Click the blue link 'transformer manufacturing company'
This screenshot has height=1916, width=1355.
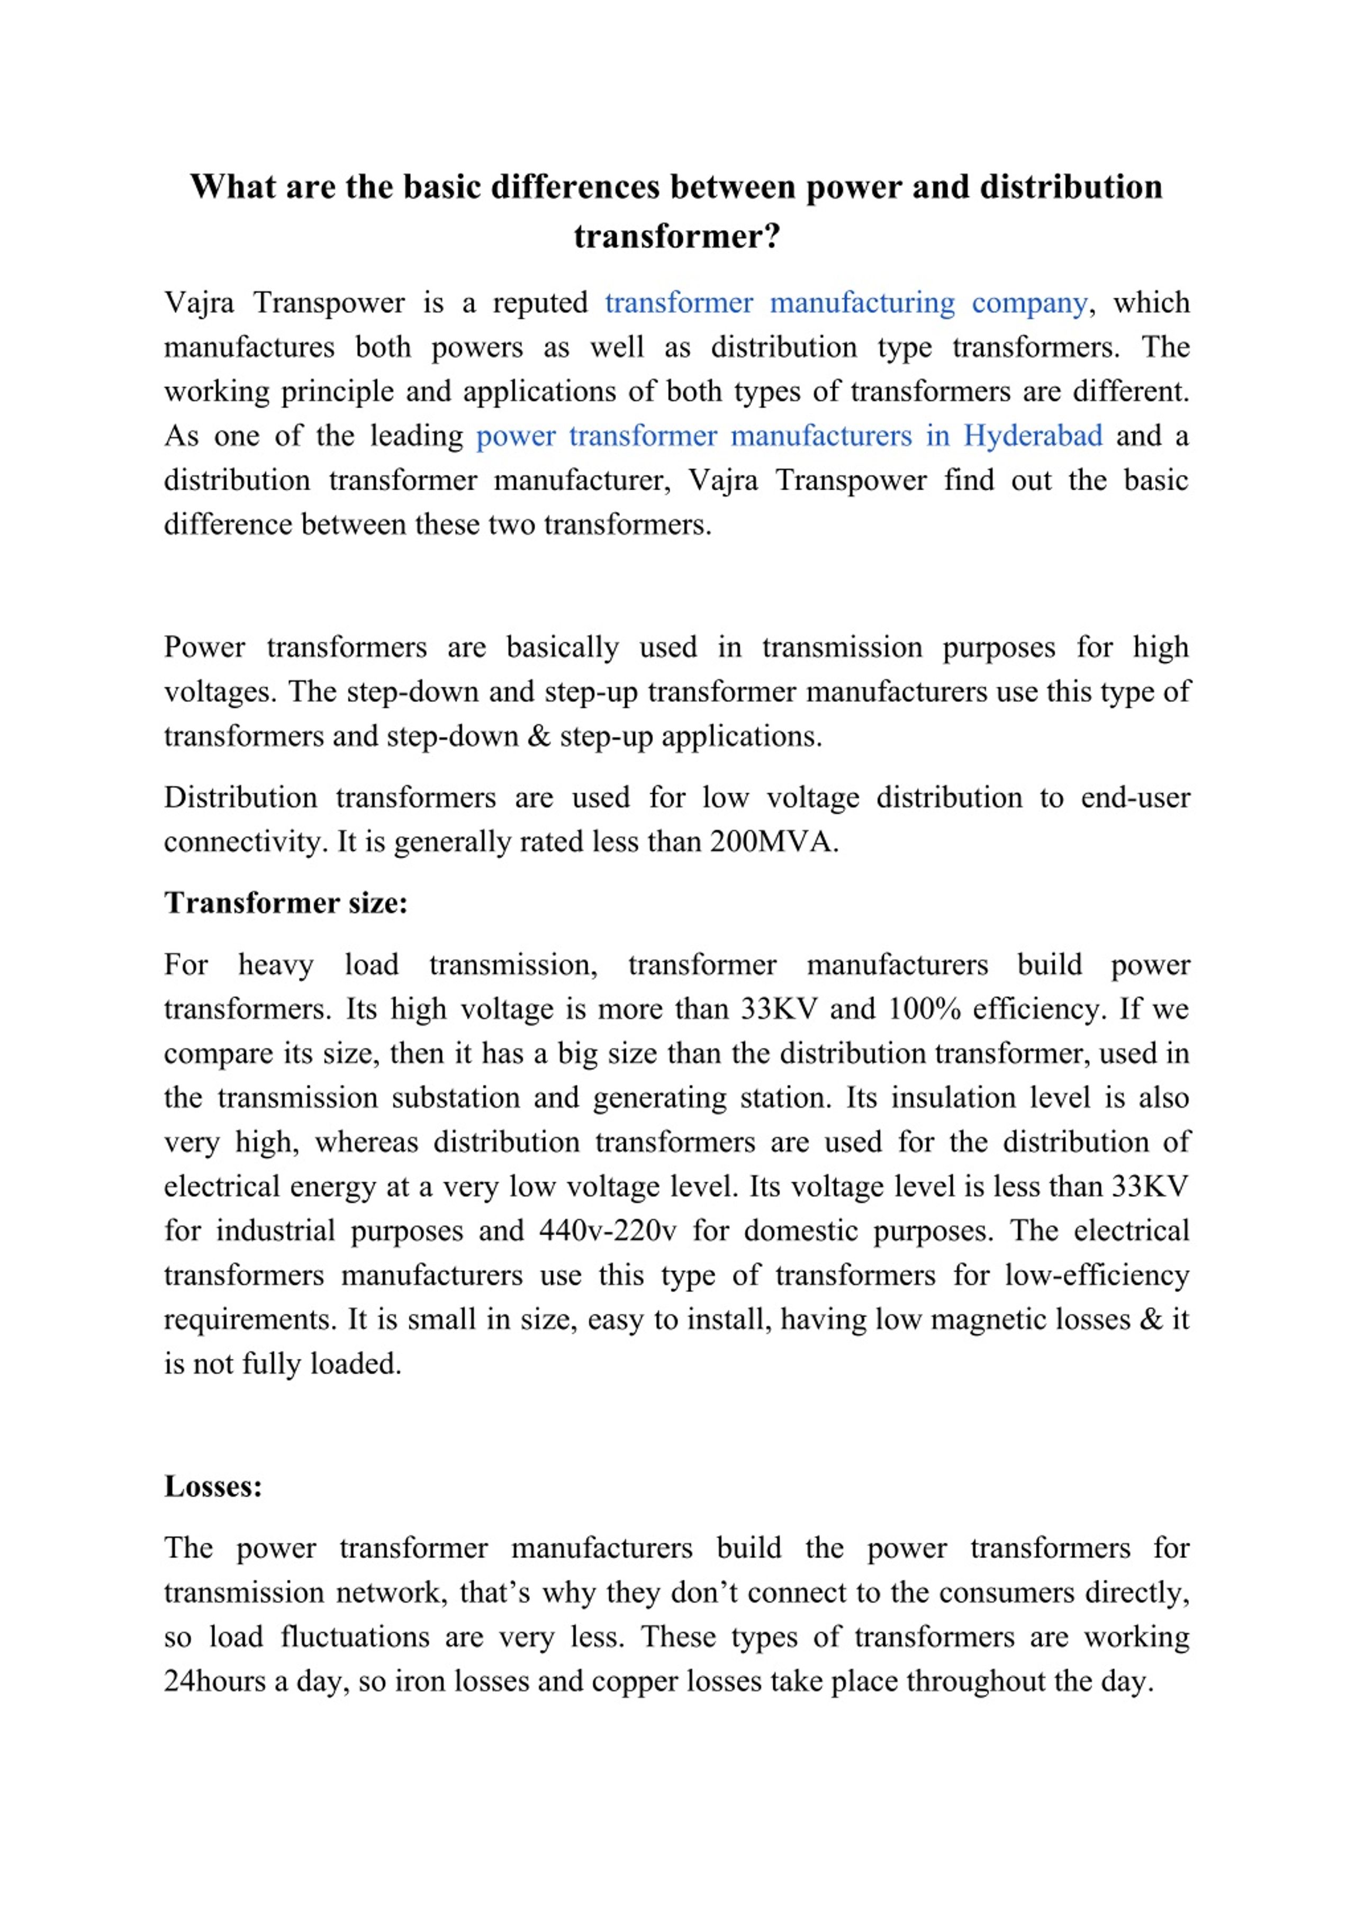(845, 302)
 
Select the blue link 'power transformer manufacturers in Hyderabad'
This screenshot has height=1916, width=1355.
(789, 436)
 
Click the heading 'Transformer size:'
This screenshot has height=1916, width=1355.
(285, 903)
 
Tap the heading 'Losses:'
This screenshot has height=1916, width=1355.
(213, 1486)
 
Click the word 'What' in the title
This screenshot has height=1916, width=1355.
(233, 187)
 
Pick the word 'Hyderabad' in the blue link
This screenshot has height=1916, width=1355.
(1032, 436)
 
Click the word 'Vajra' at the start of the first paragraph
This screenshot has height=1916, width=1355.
(200, 302)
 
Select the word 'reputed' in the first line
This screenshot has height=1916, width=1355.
(540, 302)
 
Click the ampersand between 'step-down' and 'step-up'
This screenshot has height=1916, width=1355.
(539, 736)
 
